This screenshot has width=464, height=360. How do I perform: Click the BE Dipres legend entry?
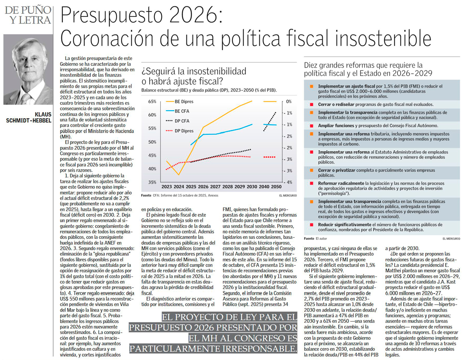pyautogui.click(x=183, y=102)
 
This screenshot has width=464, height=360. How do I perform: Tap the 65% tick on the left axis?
pyautogui.click(x=152, y=102)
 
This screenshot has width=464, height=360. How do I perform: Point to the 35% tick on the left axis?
pyautogui.click(x=152, y=182)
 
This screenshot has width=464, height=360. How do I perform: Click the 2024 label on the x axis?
pyautogui.click(x=179, y=187)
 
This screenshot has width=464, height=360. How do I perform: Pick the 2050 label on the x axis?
pyautogui.click(x=276, y=187)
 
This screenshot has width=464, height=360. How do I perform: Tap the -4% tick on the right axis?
pyautogui.click(x=289, y=182)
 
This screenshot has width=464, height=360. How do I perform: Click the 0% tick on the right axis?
pyautogui.click(x=289, y=102)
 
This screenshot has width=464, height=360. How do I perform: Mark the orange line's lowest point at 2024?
pyautogui.click(x=179, y=175)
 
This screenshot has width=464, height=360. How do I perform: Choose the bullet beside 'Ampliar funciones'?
pyautogui.click(x=311, y=125)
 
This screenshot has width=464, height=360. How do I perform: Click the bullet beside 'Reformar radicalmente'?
pyautogui.click(x=311, y=184)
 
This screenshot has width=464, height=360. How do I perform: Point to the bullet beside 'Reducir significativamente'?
pyautogui.click(x=311, y=225)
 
